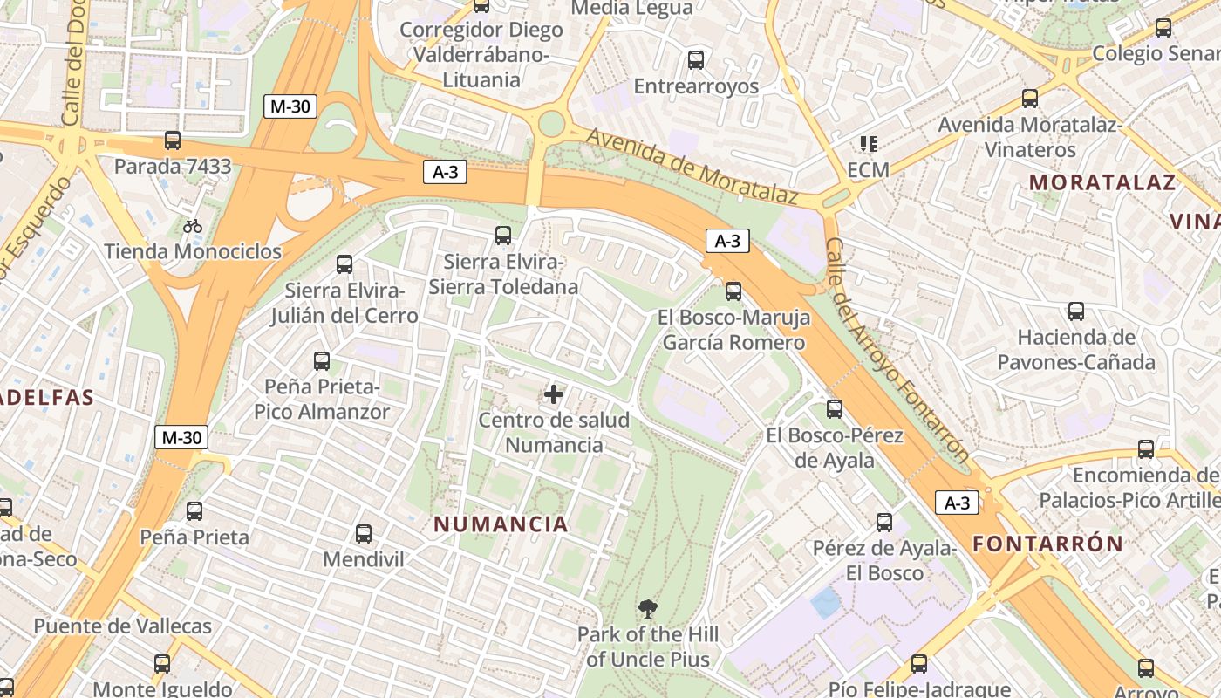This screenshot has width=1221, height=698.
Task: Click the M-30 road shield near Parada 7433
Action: [290, 106]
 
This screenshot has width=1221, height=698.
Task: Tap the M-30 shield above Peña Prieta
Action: [181, 437]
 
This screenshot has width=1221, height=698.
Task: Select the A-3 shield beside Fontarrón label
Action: [957, 503]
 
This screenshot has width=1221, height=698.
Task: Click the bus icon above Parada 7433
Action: [173, 140]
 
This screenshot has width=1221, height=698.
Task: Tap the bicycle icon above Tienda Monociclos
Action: [193, 226]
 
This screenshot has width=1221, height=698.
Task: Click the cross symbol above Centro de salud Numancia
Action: [554, 394]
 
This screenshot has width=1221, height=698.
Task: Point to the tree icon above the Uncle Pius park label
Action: [647, 608]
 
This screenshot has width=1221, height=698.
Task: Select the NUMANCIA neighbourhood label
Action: [501, 524]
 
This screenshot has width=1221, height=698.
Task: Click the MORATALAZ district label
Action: [1102, 182]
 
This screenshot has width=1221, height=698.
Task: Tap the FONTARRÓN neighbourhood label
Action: [1048, 544]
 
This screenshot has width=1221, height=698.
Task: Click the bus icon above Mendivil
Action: [364, 533]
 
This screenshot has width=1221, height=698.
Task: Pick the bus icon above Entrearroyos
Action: [695, 60]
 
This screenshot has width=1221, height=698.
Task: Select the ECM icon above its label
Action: [868, 143]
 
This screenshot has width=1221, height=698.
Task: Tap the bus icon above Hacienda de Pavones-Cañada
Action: [1076, 311]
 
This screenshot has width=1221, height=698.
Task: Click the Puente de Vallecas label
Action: [122, 626]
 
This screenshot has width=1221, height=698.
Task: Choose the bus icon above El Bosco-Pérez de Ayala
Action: [835, 408]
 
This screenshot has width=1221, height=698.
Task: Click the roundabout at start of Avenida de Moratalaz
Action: [551, 123]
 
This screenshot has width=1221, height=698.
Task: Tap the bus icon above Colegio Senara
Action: [1163, 27]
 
